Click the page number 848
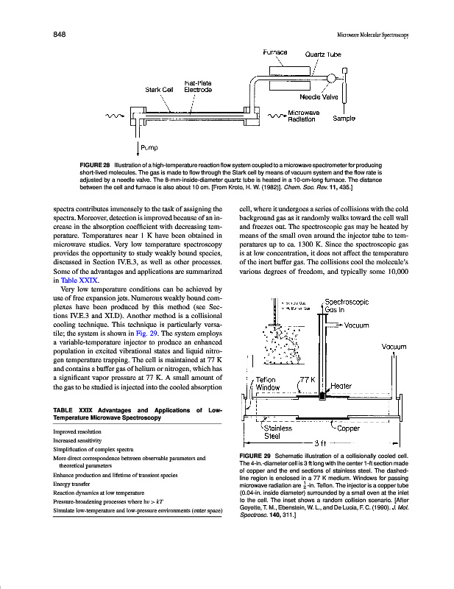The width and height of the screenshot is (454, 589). (x=61, y=34)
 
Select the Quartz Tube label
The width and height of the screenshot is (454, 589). (x=322, y=54)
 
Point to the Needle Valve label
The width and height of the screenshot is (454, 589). (x=319, y=96)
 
